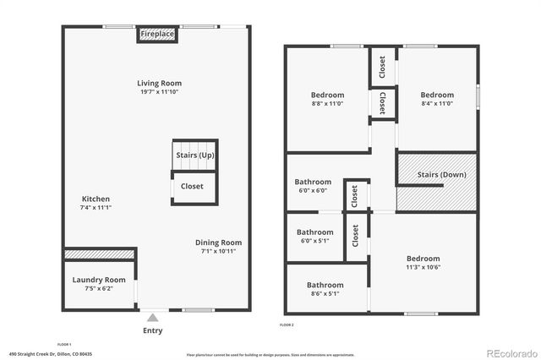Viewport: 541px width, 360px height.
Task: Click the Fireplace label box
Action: [x=157, y=34]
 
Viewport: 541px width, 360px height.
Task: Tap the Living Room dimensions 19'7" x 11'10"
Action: [x=160, y=93]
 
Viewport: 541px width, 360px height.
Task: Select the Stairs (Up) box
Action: [x=194, y=155]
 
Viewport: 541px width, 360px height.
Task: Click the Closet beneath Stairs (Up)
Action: [x=193, y=187]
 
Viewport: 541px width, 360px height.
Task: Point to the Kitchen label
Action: [x=96, y=199]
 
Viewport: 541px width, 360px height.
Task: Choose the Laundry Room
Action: [x=99, y=280]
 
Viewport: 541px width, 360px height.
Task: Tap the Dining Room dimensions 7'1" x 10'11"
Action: [x=218, y=252]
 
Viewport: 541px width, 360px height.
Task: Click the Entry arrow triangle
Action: [x=153, y=318]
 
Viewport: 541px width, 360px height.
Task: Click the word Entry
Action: [x=153, y=330]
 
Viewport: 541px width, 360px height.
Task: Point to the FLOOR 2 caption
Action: [x=287, y=325]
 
